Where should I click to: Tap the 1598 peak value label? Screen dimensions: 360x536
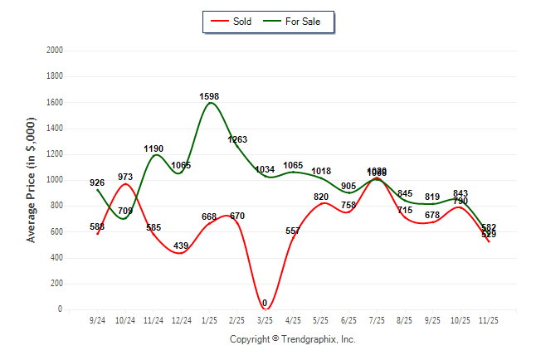(209, 97)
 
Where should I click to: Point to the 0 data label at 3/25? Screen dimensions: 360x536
(265, 304)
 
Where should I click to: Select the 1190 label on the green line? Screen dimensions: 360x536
(153, 149)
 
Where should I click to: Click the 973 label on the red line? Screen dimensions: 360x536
(125, 177)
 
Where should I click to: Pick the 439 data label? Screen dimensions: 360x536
(181, 246)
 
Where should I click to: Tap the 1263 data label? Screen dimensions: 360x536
(237, 140)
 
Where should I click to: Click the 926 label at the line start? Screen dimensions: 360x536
(97, 182)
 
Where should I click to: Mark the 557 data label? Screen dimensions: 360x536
(293, 231)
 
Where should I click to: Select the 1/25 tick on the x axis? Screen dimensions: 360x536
(209, 319)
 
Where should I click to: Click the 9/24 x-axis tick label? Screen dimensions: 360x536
(97, 319)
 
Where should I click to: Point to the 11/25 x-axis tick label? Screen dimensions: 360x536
(489, 319)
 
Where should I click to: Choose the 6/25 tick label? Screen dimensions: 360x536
(349, 319)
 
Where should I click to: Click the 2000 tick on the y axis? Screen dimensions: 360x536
(56, 51)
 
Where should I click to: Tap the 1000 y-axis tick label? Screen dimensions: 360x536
(56, 180)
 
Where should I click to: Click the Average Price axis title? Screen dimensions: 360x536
(32, 180)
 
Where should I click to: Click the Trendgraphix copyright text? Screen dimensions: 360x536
(292, 339)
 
